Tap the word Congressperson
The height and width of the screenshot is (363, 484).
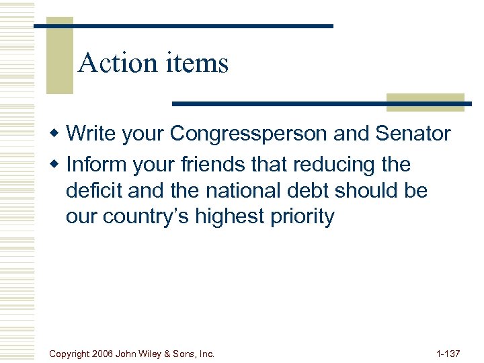pyautogui.click(x=249, y=134)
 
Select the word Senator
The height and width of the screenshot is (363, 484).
pyautogui.click(x=413, y=134)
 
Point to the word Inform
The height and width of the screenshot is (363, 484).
pyautogui.click(x=91, y=165)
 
